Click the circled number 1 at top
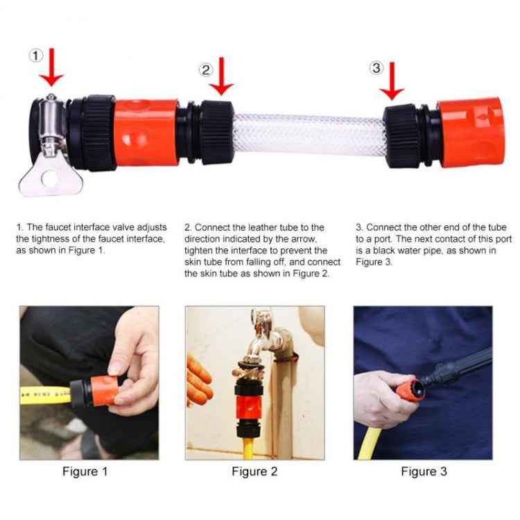[37, 55]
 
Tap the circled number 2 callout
[206, 69]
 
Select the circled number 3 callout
[376, 67]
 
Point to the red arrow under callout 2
[221, 78]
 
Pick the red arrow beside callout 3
[392, 82]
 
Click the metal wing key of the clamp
[43, 175]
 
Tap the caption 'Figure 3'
[424, 471]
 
